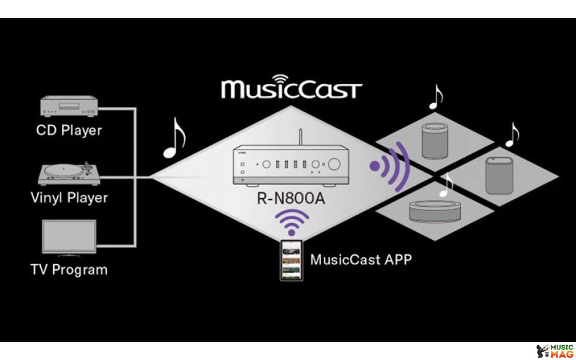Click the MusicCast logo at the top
pyautogui.click(x=291, y=87)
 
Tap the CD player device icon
pyautogui.click(x=69, y=106)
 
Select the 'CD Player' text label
pyautogui.click(x=69, y=130)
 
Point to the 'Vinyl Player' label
pyautogui.click(x=69, y=198)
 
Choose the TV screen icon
pyautogui.click(x=69, y=237)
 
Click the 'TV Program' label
pyautogui.click(x=69, y=270)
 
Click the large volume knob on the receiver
pyautogui.click(x=334, y=164)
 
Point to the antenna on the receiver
pyautogui.click(x=300, y=137)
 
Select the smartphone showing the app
pyautogui.click(x=292, y=261)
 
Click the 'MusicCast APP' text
pyautogui.click(x=361, y=259)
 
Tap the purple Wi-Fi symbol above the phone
pyautogui.click(x=292, y=222)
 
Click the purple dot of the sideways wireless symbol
pyautogui.click(x=375, y=166)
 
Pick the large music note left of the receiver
pyautogui.click(x=175, y=138)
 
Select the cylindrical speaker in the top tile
pyautogui.click(x=435, y=140)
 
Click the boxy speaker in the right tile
pyautogui.click(x=499, y=175)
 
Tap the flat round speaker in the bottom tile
pyautogui.click(x=435, y=212)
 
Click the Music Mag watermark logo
pyautogui.click(x=555, y=352)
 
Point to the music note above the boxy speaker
pyautogui.click(x=512, y=135)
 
